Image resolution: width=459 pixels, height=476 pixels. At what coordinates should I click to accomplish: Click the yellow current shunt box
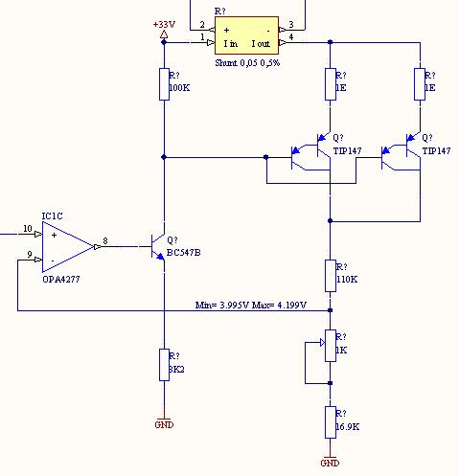click(x=246, y=35)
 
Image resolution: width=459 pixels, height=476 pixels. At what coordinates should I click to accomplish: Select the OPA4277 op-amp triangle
click(x=68, y=247)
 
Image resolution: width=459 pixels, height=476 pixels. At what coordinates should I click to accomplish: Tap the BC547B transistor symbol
click(x=157, y=247)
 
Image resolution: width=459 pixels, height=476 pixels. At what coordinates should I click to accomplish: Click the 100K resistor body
click(x=164, y=84)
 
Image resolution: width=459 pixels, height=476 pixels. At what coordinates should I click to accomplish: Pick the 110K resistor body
click(x=331, y=276)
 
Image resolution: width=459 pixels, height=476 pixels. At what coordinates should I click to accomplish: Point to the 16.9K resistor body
click(x=331, y=422)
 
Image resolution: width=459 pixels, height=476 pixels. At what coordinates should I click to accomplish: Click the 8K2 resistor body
click(x=164, y=365)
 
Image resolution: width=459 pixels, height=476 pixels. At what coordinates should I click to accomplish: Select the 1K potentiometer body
click(x=331, y=346)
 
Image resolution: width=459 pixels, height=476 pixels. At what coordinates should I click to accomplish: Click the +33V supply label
click(x=164, y=24)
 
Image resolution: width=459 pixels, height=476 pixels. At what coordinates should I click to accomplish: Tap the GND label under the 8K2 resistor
click(x=164, y=424)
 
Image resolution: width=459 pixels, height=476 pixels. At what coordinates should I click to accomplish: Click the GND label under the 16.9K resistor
click(x=330, y=463)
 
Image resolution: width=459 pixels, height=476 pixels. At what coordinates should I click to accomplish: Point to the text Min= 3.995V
click(x=222, y=305)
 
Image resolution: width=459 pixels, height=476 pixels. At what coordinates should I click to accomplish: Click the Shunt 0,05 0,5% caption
click(x=247, y=63)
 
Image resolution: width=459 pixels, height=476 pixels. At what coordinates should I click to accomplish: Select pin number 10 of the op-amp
click(x=28, y=229)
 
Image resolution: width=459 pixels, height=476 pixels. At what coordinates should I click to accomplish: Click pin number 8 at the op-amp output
click(x=105, y=240)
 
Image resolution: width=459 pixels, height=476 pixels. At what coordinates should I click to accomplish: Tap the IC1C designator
click(x=53, y=216)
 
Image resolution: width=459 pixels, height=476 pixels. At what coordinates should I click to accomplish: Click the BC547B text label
click(x=184, y=253)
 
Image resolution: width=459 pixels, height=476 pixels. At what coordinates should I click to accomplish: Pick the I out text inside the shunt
click(x=261, y=44)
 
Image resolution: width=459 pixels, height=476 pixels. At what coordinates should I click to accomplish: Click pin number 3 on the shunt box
click(x=291, y=24)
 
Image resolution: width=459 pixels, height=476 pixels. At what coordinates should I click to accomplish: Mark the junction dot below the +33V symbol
click(x=164, y=42)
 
